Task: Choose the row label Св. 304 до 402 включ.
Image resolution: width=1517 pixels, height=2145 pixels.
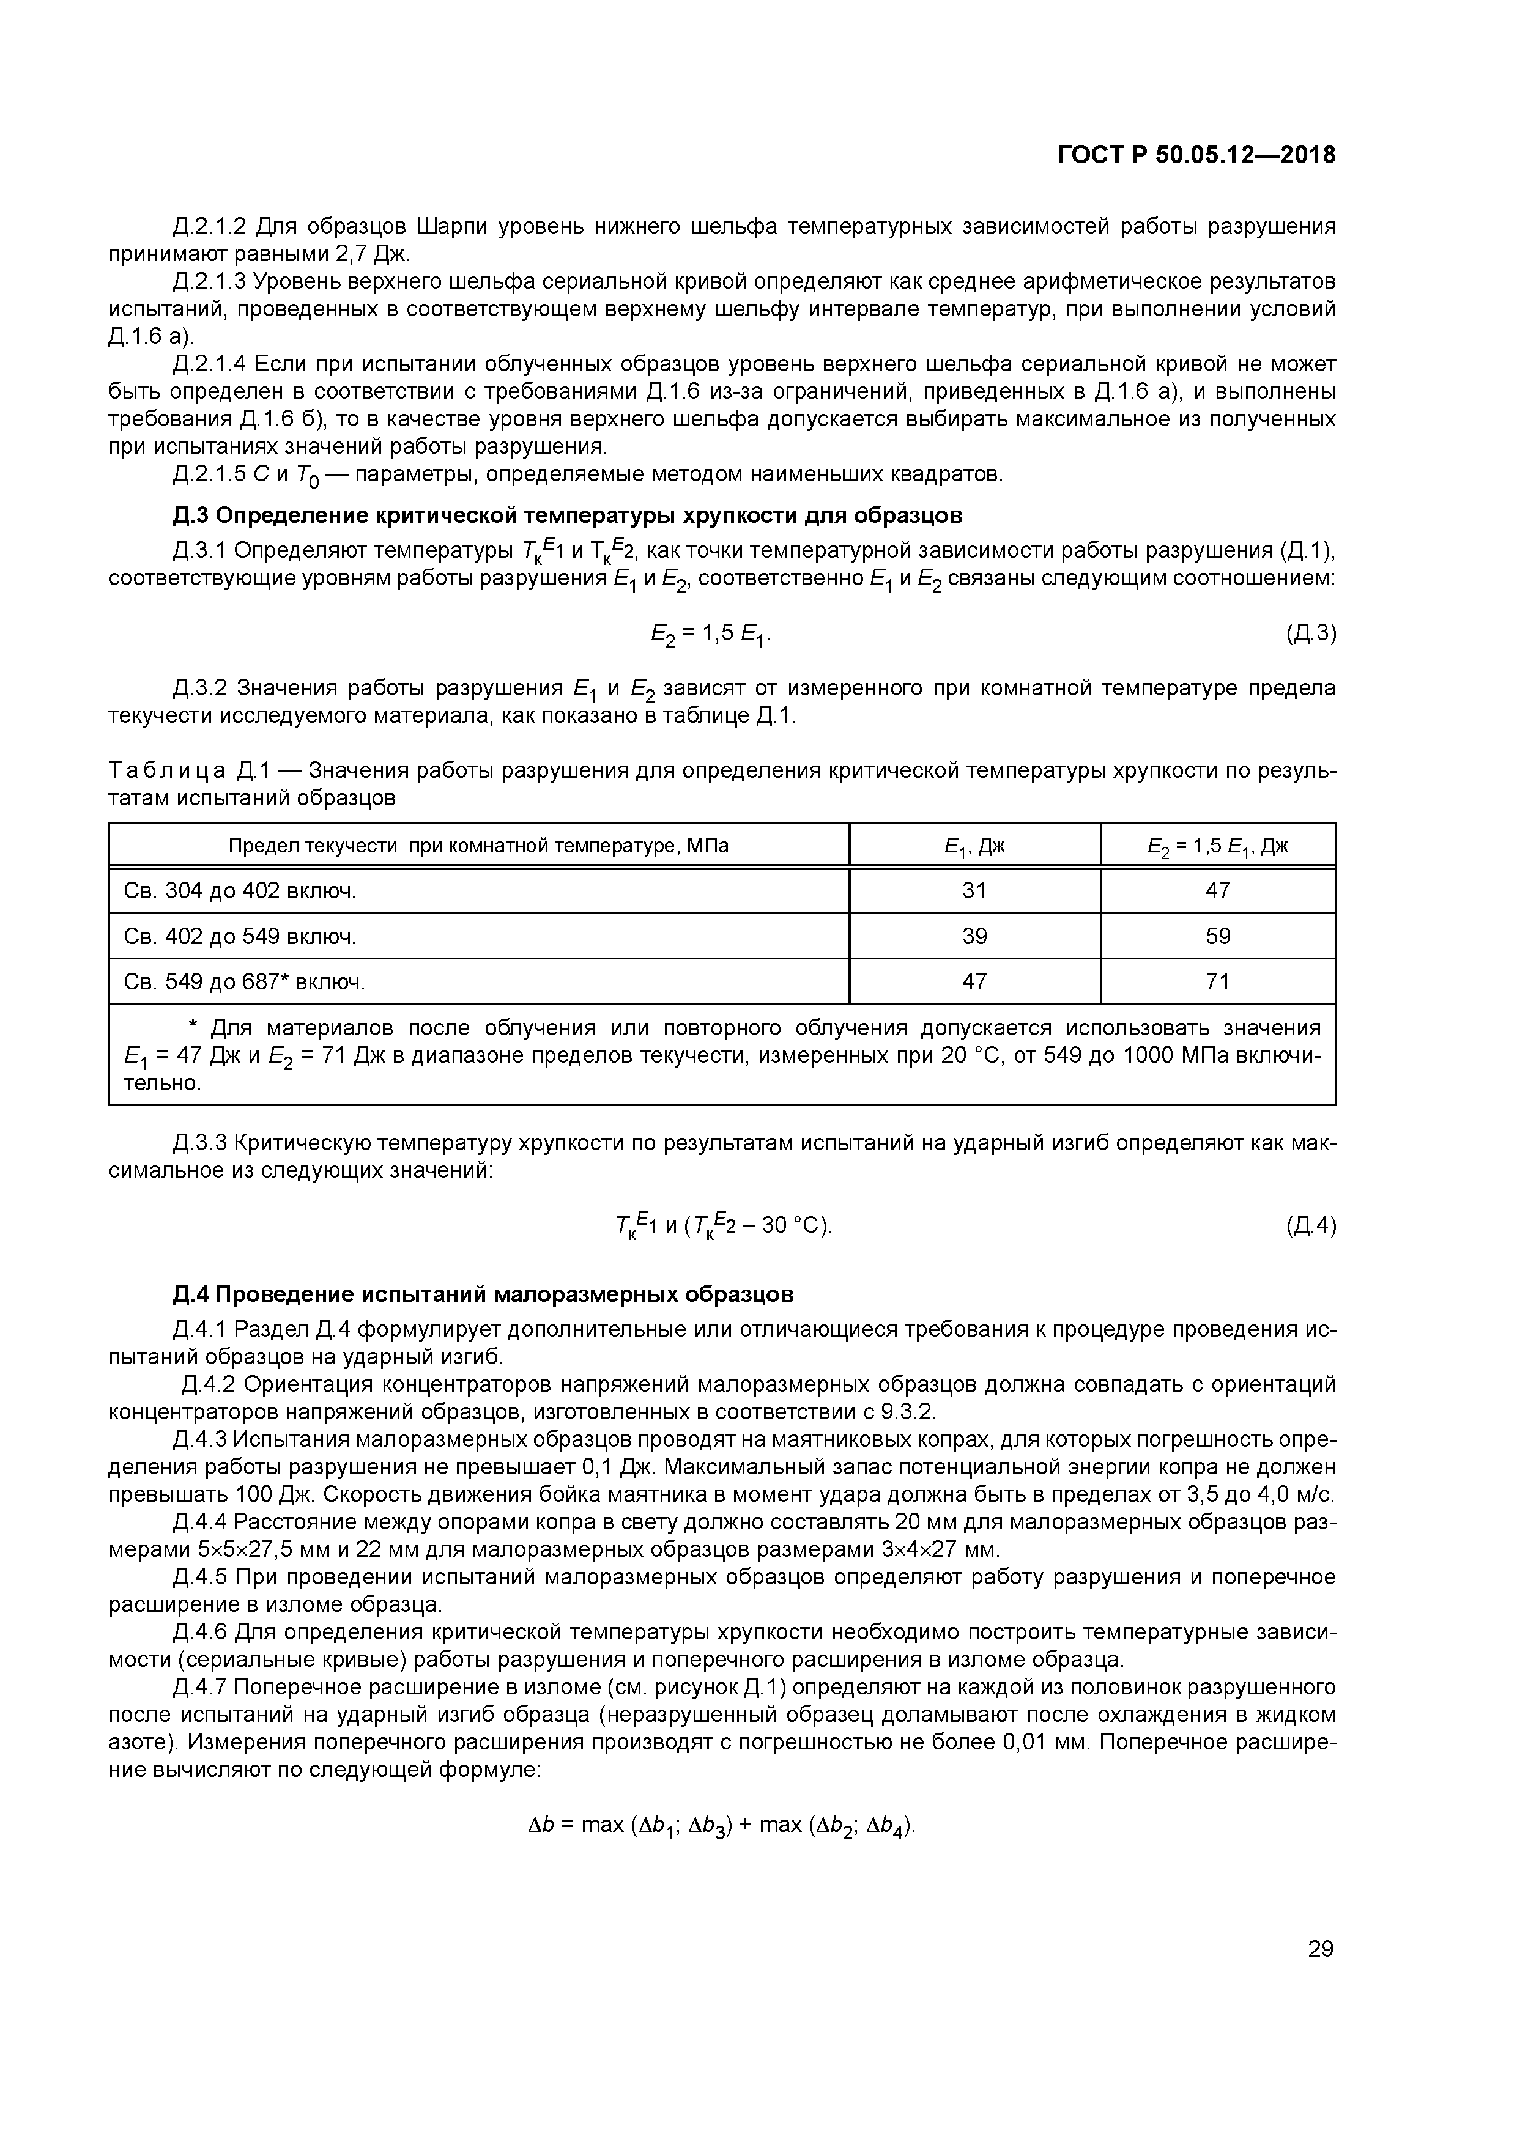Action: [x=240, y=890]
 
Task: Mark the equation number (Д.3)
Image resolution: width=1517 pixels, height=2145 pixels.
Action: [x=1310, y=633]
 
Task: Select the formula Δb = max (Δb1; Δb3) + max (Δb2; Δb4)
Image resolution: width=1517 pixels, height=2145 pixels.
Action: [x=722, y=1825]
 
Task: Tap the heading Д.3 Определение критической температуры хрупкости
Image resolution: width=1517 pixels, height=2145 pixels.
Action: [x=568, y=515]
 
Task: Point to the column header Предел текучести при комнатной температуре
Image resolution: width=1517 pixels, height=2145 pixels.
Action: [x=478, y=846]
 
